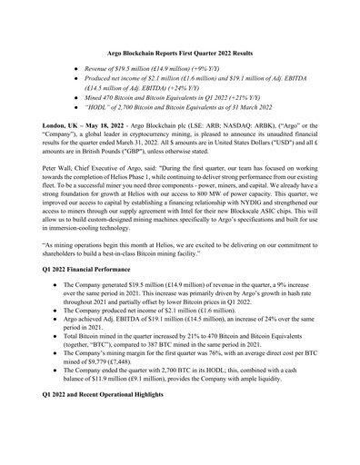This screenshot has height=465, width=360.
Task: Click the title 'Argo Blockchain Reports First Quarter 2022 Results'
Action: [x=179, y=55]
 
